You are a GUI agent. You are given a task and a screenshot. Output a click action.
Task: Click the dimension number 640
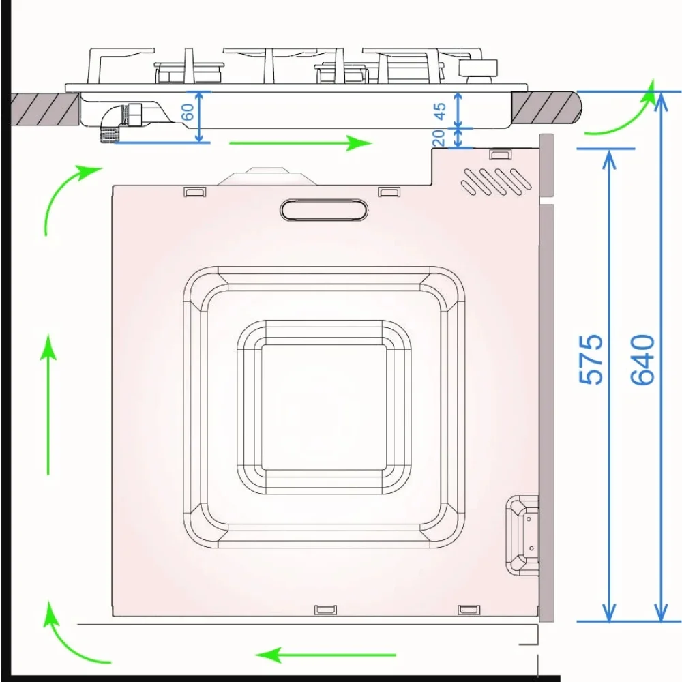(x=643, y=359)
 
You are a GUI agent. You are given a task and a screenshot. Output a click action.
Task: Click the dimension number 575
(x=591, y=359)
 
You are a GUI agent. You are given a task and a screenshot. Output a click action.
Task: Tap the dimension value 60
(x=188, y=113)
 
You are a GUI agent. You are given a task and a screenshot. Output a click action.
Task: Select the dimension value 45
(x=440, y=111)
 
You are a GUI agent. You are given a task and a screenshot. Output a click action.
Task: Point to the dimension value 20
(x=439, y=138)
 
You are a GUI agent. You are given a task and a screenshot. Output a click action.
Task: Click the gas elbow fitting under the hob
(x=119, y=123)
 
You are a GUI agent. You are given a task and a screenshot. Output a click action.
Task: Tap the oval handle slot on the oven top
(x=324, y=209)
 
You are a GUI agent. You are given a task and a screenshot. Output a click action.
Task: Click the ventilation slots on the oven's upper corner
(x=496, y=181)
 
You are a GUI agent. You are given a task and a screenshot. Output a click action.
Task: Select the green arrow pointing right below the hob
(x=301, y=143)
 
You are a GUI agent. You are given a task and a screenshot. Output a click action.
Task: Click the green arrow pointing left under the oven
(x=326, y=655)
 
